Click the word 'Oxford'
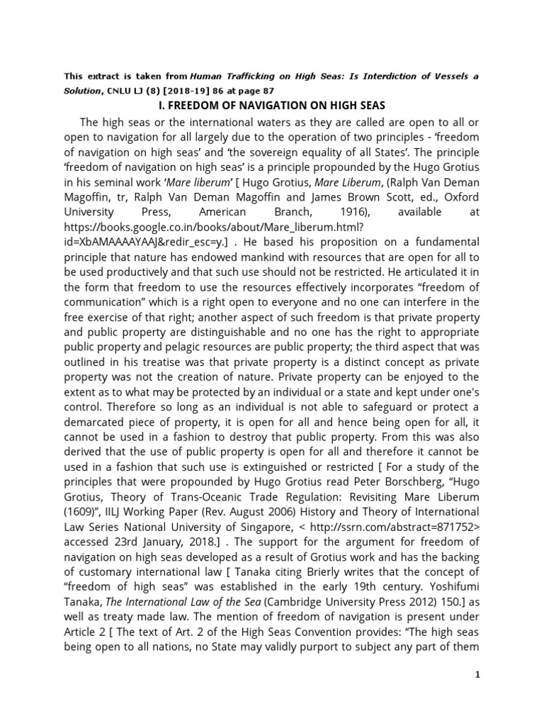coord(460,196)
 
